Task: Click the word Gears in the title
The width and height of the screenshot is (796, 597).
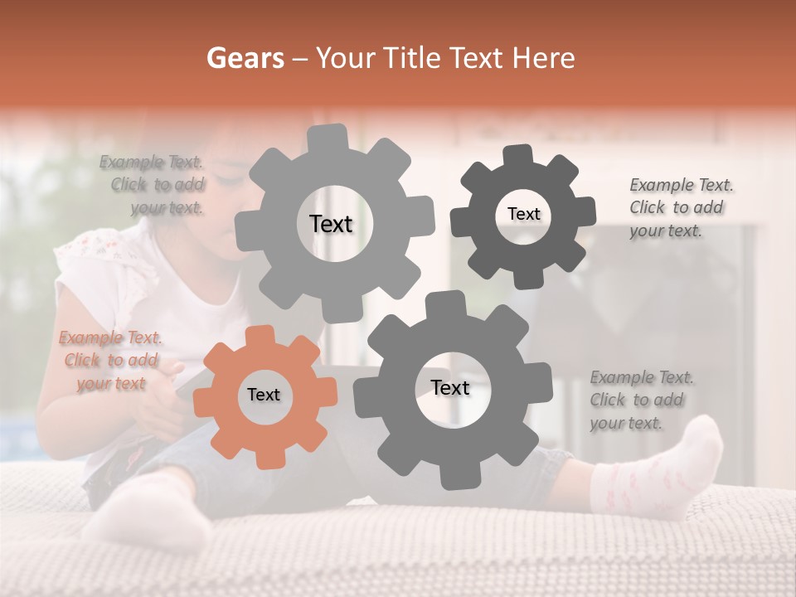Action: coord(244,58)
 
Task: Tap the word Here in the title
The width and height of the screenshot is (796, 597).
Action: coord(544,58)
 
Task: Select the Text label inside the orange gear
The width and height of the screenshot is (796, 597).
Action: coord(264,396)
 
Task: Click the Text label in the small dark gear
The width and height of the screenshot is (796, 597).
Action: coord(523,214)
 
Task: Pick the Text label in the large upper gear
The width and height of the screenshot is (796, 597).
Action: coord(331,224)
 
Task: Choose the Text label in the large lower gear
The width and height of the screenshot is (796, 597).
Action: coord(450,387)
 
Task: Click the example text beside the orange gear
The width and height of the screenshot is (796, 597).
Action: coord(111,361)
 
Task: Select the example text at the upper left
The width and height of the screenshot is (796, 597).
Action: coord(154,185)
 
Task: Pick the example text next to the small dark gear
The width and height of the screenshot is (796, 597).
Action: coord(679,207)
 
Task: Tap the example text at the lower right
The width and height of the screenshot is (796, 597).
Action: coord(640,400)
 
